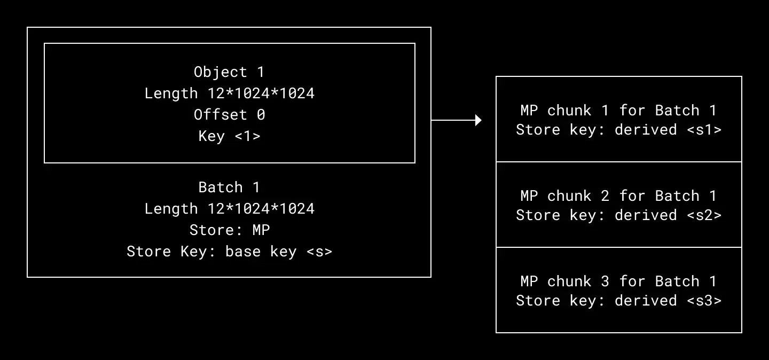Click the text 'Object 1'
(229, 72)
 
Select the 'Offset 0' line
(229, 115)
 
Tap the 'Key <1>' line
(229, 136)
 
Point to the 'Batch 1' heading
(229, 187)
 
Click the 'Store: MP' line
(229, 230)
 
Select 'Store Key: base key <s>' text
(229, 252)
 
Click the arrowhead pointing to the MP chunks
(478, 120)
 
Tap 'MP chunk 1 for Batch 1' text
(618, 111)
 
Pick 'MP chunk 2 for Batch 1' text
(618, 196)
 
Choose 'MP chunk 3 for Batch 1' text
(618, 281)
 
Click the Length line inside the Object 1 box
(229, 93)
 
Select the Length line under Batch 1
(229, 209)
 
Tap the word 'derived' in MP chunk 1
(646, 130)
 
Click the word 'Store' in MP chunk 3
(538, 301)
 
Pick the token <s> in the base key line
(319, 252)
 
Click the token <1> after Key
(247, 136)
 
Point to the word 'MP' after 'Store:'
(261, 230)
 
